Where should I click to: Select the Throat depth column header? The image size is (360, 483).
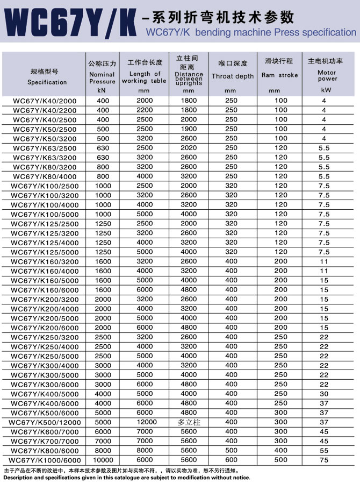coord(232,76)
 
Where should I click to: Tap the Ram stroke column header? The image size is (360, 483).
coord(279,75)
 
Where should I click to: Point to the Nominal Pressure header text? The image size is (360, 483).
coord(102,78)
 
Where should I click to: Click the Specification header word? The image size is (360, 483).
coord(47,82)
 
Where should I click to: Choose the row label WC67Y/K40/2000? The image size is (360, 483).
coord(45,101)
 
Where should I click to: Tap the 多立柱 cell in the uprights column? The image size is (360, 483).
coord(189,422)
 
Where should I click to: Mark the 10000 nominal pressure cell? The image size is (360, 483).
coord(103,460)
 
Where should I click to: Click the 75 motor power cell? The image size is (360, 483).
coord(323,460)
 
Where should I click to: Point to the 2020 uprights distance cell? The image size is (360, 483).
coord(189,148)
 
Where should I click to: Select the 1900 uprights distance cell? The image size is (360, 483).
coord(189,129)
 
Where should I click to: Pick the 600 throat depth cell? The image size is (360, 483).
coord(231,460)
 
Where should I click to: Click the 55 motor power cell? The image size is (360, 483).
coord(323,451)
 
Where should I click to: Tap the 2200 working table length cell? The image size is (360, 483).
coord(145,110)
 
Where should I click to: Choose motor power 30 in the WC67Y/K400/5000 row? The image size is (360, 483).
coord(323,394)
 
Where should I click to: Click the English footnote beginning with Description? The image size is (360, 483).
coord(127,478)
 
